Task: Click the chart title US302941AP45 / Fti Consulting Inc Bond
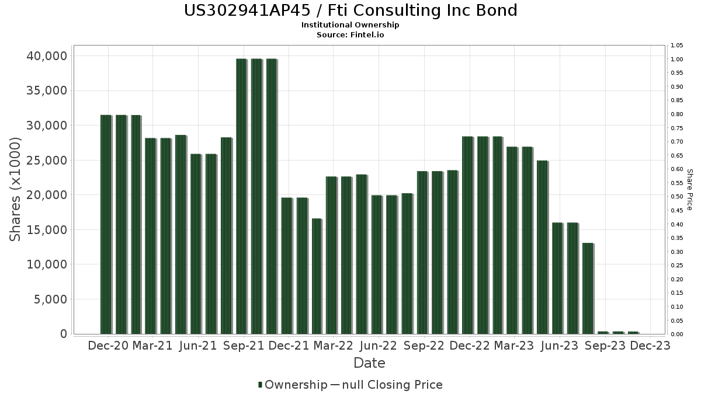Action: [350, 11]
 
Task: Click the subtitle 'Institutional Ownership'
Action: [350, 25]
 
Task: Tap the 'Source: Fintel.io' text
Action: [350, 34]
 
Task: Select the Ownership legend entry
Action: [293, 385]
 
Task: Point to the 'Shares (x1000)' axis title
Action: [16, 189]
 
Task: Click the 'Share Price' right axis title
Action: [689, 189]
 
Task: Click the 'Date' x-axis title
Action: [369, 363]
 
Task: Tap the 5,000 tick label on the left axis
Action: [49, 299]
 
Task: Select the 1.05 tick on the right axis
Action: [677, 46]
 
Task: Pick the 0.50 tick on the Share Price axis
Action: [677, 197]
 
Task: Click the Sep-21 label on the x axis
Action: [243, 346]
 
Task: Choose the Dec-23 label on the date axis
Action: [650, 346]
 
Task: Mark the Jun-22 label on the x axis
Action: [379, 346]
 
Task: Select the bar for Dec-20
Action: [106, 224]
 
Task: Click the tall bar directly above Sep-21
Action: [241, 196]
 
